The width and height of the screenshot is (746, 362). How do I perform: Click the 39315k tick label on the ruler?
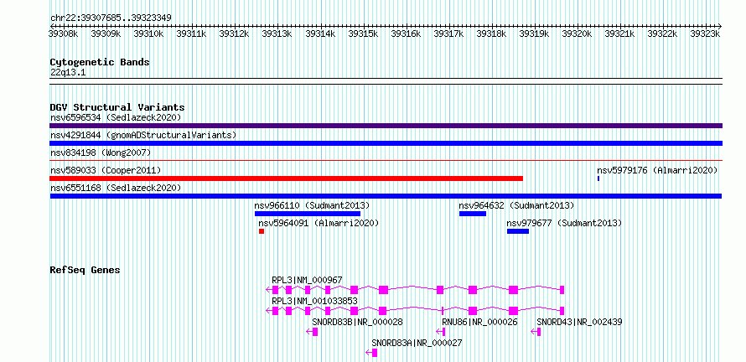(364, 34)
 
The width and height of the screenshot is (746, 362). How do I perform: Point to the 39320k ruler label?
(578, 34)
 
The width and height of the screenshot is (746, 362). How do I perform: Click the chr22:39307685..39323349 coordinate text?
(111, 18)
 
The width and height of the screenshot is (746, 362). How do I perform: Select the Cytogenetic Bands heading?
(100, 62)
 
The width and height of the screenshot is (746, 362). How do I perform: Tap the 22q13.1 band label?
(68, 73)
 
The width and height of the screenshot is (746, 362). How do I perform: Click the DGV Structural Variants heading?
(117, 107)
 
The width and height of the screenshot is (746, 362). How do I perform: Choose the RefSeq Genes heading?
(85, 270)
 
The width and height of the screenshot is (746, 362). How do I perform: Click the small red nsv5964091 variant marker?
(262, 231)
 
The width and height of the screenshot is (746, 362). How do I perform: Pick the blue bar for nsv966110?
(308, 214)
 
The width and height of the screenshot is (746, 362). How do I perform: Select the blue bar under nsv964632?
(473, 214)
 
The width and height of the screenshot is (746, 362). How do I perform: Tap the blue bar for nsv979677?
(518, 231)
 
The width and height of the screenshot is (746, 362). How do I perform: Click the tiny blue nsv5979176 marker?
(598, 178)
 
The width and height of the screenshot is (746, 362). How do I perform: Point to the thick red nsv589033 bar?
(287, 178)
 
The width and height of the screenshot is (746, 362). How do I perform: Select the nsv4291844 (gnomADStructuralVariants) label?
(143, 135)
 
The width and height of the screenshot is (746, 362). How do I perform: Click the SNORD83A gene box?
(375, 353)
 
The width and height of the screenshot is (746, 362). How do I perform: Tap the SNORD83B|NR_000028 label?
(357, 322)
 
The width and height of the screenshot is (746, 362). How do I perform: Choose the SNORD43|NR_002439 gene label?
(579, 322)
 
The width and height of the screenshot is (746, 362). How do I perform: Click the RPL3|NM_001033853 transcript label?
(314, 301)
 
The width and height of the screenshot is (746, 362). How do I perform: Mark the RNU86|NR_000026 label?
(479, 322)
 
